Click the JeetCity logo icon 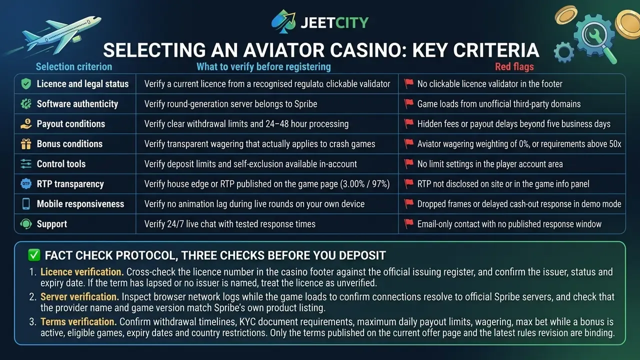tap(283, 21)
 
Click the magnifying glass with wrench tap(595, 38)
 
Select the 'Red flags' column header tap(514, 67)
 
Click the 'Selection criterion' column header tap(74, 67)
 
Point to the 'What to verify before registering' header tap(263, 67)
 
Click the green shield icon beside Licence tap(26, 84)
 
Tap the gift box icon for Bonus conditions tap(26, 144)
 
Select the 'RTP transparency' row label tap(70, 184)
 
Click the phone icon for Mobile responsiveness tap(26, 204)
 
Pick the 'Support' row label tap(52, 224)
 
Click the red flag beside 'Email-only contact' tap(408, 223)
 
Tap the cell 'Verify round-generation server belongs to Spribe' tap(230, 104)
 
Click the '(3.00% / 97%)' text tap(365, 184)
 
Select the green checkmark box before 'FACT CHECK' tap(34, 255)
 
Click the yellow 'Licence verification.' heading tap(82, 272)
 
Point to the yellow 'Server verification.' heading tap(79, 297)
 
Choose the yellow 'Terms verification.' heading tap(78, 321)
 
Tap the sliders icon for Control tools tap(26, 164)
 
